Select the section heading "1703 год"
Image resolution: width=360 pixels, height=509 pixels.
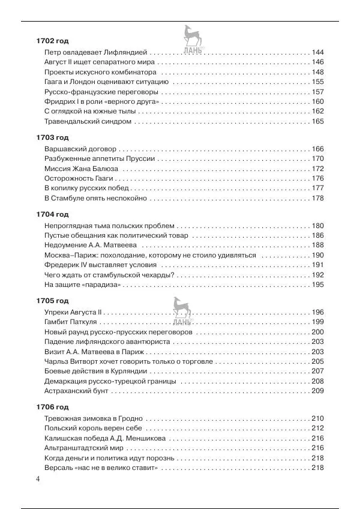[x=52, y=137]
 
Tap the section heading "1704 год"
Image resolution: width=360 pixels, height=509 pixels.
[x=52, y=214]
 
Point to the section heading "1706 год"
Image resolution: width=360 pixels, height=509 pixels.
[x=52, y=407]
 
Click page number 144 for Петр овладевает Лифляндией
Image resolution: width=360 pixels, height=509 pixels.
[x=317, y=53]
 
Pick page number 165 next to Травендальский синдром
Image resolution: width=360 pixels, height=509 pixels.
[x=317, y=122]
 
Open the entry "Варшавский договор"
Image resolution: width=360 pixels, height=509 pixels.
[x=80, y=149]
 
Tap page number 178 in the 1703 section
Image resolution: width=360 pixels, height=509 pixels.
[x=317, y=198]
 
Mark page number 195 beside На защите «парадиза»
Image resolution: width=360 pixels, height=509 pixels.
[x=317, y=285]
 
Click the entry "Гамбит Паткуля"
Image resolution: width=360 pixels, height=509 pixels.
[x=71, y=322]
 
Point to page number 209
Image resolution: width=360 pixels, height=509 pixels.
[x=317, y=391]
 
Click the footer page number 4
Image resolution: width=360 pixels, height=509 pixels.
[x=38, y=478]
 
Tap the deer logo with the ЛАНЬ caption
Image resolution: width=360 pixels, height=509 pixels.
[x=191, y=42]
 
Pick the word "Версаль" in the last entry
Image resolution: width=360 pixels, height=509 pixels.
[x=59, y=468]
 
